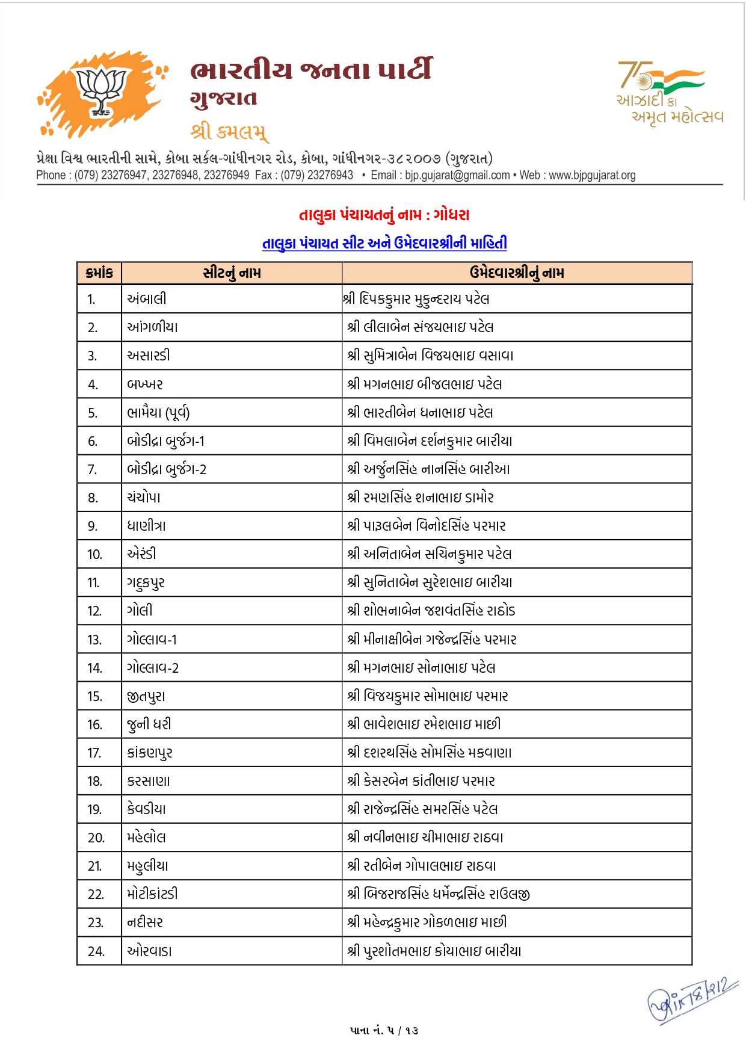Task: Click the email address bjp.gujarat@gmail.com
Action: [x=457, y=175]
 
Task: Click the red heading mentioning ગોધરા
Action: [x=384, y=215]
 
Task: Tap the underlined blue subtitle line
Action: [x=384, y=243]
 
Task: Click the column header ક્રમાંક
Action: [x=99, y=273]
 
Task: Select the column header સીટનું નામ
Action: [x=232, y=273]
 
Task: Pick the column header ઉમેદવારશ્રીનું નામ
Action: [x=517, y=273]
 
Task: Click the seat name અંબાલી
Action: [x=147, y=299]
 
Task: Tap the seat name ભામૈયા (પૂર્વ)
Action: [x=158, y=413]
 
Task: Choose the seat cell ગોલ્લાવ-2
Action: [x=153, y=668]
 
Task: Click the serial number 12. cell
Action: [x=94, y=611]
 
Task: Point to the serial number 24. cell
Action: [x=96, y=951]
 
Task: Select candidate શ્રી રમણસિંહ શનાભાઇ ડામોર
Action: [x=421, y=498]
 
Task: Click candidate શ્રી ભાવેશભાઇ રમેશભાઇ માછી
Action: [x=424, y=724]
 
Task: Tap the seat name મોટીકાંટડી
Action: [x=153, y=894]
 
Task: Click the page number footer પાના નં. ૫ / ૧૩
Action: [x=384, y=1030]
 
